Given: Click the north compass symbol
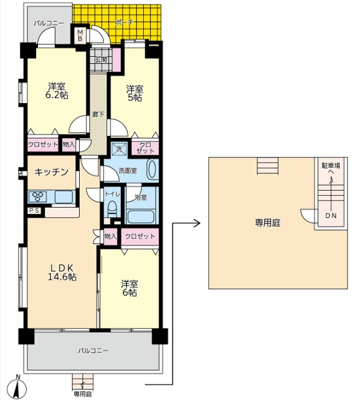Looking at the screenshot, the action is click(17, 388).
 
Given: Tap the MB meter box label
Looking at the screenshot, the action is click(80, 36).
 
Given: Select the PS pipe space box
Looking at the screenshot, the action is click(34, 211).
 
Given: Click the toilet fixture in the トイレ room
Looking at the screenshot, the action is click(112, 210).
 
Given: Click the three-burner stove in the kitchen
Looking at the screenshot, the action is click(38, 196).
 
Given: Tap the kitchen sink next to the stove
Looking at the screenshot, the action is click(63, 196).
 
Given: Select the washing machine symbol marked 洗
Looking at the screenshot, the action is click(119, 149).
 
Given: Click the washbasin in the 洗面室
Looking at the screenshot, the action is click(152, 170).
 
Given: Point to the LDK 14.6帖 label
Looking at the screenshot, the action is click(62, 272).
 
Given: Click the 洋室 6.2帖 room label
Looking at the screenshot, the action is click(57, 91).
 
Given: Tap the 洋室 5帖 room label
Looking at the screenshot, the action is click(135, 93).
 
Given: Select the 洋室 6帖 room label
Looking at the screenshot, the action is click(129, 289).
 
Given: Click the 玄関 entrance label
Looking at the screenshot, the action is click(101, 60).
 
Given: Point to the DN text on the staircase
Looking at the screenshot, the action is click(331, 215).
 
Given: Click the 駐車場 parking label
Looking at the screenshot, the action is click(331, 165).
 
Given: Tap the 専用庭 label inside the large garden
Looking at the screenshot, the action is click(267, 223).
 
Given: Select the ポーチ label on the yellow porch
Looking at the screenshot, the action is click(124, 22).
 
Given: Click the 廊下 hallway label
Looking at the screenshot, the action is click(99, 114).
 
